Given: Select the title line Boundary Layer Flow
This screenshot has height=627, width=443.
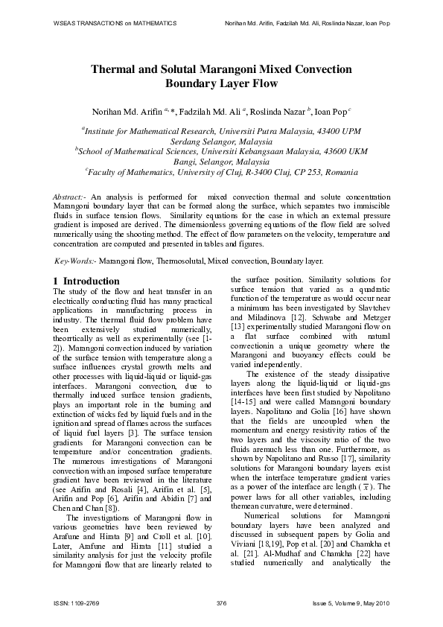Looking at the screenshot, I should pos(221,84).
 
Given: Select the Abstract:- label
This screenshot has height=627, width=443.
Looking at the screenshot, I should pos(70,195).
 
